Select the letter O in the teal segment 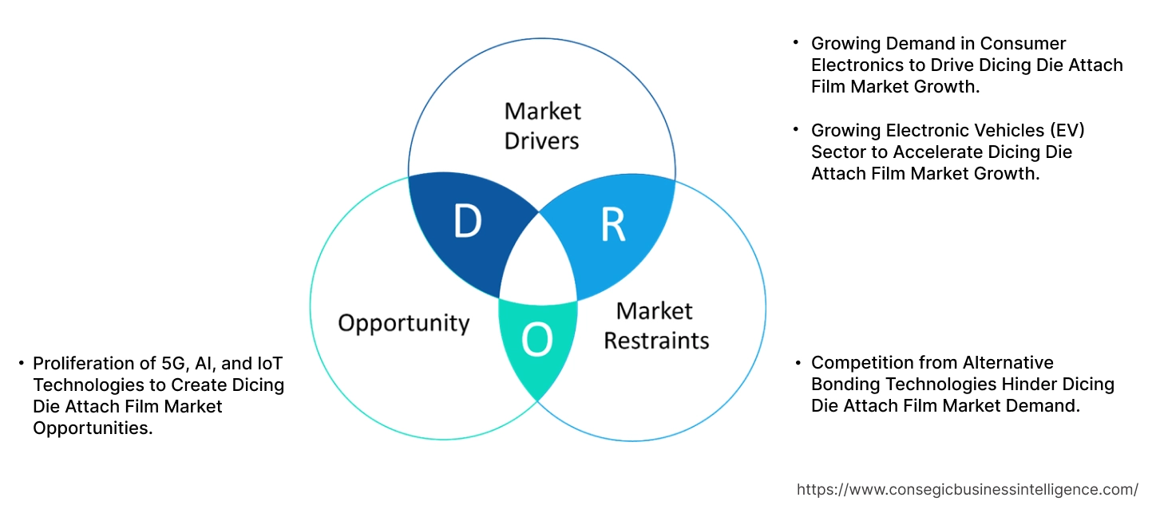pos(537,341)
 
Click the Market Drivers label pos(542,125)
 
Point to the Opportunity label pos(403,323)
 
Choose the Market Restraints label pos(655,326)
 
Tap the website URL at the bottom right pos(968,489)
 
